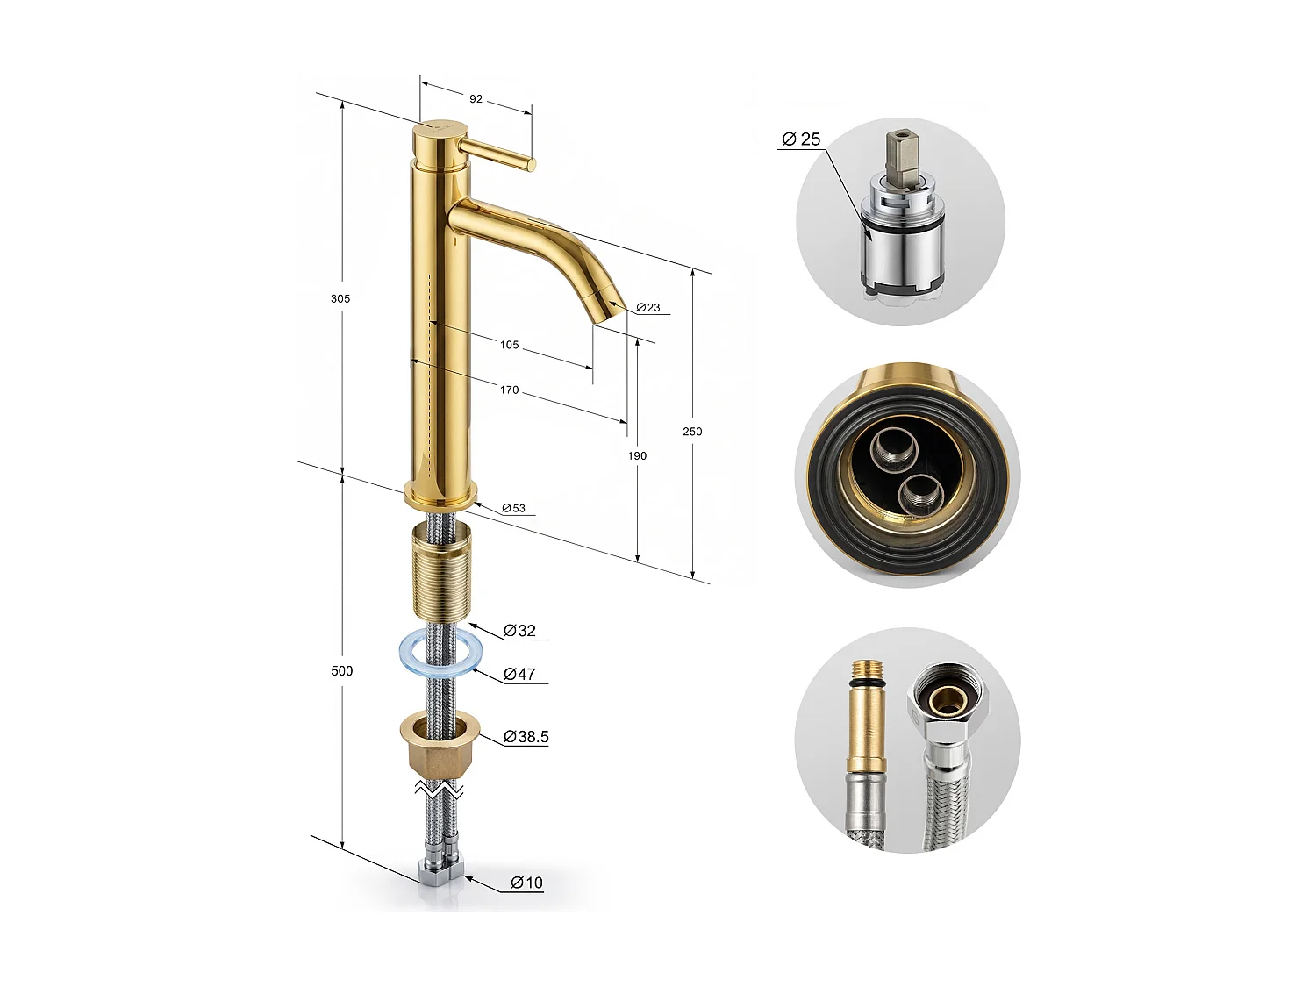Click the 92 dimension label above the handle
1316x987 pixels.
click(x=476, y=99)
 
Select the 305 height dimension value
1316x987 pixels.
click(x=340, y=298)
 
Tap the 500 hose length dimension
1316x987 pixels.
click(x=342, y=670)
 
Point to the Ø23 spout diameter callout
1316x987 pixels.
click(x=648, y=307)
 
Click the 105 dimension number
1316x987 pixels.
click(x=509, y=345)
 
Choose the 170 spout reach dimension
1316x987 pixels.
click(x=509, y=390)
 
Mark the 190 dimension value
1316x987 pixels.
click(x=637, y=455)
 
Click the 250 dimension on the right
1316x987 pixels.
click(x=692, y=431)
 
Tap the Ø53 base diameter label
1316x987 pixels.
click(x=513, y=508)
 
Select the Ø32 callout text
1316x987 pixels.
click(x=519, y=631)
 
